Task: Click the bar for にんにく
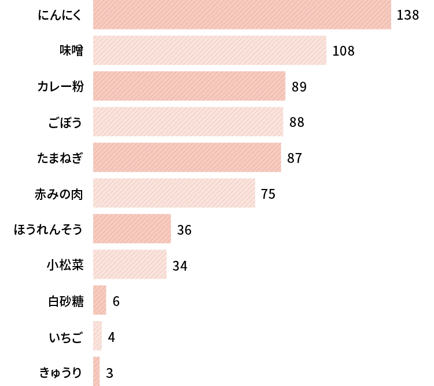242,14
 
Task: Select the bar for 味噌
209,50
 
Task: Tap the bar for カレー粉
189,86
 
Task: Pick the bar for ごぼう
188,122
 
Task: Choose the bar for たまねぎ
187,158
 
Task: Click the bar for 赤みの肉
174,193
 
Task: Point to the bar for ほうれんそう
132,229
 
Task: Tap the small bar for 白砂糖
100,300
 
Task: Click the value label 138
407,15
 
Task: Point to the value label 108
343,51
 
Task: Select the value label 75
268,194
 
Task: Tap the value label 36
184,230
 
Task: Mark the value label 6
116,301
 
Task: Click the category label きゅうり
61,372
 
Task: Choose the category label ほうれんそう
48,230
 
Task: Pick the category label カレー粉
60,87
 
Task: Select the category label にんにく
60,15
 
